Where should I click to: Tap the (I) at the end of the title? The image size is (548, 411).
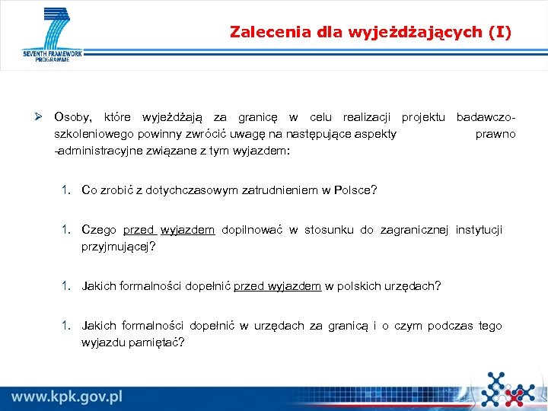(x=499, y=32)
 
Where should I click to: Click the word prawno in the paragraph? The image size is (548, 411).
(x=495, y=134)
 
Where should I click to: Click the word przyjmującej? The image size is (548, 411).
(x=116, y=247)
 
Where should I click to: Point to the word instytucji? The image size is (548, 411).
(x=479, y=230)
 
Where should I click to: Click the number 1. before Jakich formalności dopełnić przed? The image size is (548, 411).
(x=68, y=286)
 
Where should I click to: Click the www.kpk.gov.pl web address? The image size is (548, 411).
(x=67, y=396)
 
